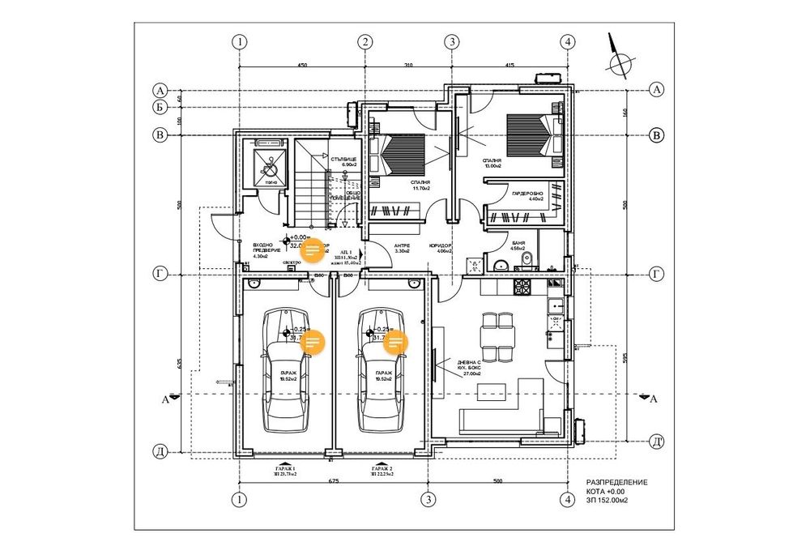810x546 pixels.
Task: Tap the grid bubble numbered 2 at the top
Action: click(x=366, y=41)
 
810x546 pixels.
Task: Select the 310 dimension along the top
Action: click(x=407, y=64)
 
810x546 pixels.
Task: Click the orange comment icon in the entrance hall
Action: click(x=312, y=251)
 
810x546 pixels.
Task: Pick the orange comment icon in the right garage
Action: click(x=395, y=343)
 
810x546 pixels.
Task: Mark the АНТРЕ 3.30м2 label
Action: click(x=403, y=249)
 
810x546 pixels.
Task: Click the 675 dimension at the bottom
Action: click(x=333, y=482)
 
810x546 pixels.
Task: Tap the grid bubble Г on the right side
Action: click(x=657, y=275)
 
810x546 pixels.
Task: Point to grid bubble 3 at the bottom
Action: click(x=428, y=500)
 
